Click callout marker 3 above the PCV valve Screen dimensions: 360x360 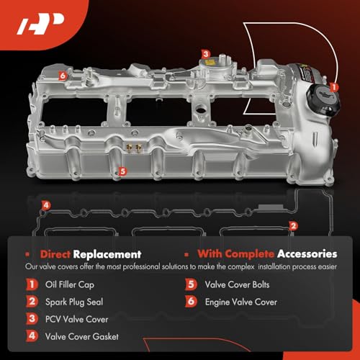coord(205,54)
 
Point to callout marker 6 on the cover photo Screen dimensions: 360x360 coord(63,74)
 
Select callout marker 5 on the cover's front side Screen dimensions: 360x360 coord(123,172)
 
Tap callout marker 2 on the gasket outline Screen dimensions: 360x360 coord(292,225)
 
